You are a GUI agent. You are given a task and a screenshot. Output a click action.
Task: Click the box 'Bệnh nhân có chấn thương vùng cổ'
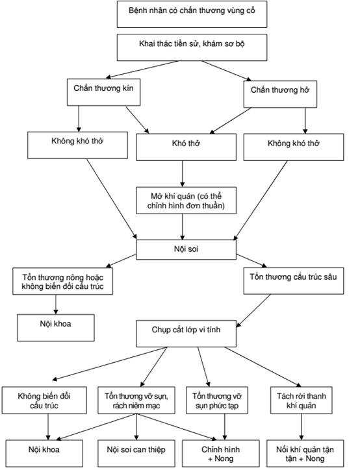click(x=192, y=14)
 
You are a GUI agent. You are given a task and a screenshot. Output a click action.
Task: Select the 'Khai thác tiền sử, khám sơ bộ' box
click(x=192, y=47)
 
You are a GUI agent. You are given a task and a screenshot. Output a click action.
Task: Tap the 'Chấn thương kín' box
click(x=103, y=92)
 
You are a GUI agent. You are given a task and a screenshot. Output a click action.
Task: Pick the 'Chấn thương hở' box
click(x=280, y=94)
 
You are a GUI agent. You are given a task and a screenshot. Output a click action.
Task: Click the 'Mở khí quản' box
click(x=186, y=201)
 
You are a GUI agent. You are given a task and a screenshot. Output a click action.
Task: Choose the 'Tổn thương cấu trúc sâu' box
click(x=294, y=281)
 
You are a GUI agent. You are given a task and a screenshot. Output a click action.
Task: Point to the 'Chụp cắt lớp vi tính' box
click(x=186, y=334)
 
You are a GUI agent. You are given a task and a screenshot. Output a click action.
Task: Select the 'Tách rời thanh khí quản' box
click(x=302, y=401)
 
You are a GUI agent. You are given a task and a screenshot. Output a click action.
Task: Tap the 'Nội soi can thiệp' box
click(x=136, y=453)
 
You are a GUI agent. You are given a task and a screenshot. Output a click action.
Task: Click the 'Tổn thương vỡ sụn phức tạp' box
click(x=217, y=401)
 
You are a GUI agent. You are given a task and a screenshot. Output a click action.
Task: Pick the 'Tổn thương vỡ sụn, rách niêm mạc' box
click(x=136, y=401)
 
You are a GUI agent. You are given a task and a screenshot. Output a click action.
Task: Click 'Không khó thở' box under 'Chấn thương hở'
click(x=294, y=147)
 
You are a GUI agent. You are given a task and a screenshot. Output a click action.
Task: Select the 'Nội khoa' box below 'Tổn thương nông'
click(x=55, y=328)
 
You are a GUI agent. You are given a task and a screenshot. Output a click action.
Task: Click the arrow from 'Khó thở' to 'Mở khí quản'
click(x=183, y=174)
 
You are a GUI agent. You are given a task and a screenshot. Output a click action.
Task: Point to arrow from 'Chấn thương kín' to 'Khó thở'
click(x=137, y=119)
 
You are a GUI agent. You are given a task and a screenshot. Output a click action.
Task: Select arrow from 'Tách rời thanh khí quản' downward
click(x=302, y=427)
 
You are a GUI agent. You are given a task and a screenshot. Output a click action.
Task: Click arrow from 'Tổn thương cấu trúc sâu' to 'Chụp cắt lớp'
click(x=253, y=310)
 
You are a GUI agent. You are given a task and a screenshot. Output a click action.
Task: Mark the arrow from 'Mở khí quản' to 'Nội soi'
click(x=183, y=227)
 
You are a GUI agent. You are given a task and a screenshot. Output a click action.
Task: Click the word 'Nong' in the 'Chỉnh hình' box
click(x=224, y=458)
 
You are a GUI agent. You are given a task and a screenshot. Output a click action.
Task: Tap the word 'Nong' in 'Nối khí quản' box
click(x=315, y=458)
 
